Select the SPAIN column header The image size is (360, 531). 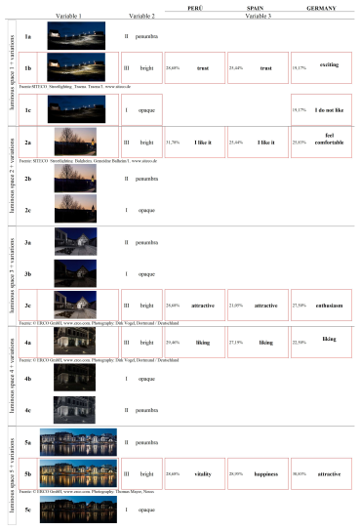click(258, 8)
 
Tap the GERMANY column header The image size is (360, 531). click(323, 8)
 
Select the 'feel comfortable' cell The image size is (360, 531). click(328, 142)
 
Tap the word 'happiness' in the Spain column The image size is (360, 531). click(265, 472)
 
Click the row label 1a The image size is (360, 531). click(30, 37)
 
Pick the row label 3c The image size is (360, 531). click(30, 306)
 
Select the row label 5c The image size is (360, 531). click(30, 509)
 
